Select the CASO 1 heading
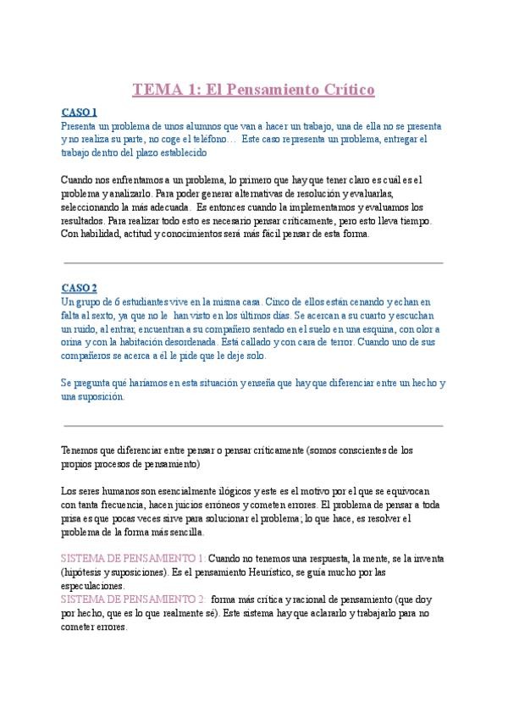(80, 112)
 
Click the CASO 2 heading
(80, 288)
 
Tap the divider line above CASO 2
(253, 263)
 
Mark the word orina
(75, 342)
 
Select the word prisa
(73, 518)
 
